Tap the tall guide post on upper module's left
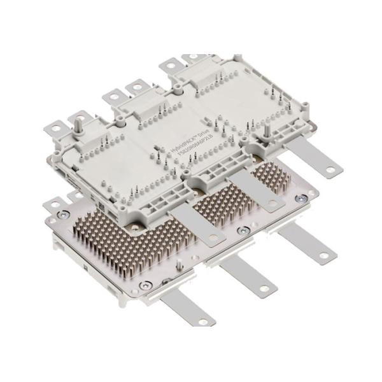tap(81, 121)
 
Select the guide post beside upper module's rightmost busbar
tap(266, 132)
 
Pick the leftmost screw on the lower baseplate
tap(62, 215)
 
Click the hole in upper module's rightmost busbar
tap(330, 169)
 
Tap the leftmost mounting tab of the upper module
tap(57, 128)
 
